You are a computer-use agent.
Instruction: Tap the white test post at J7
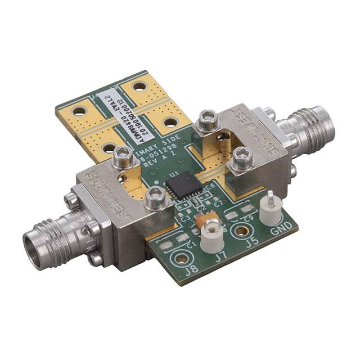pos(211,234)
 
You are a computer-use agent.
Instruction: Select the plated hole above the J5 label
pos(242,229)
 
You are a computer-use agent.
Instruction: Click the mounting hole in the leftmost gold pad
pos(79,111)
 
